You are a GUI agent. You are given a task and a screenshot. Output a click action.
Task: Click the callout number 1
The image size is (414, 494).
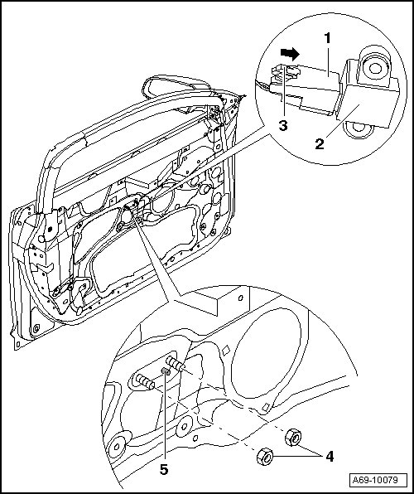[328, 38]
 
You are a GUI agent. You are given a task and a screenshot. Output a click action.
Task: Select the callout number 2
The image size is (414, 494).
[320, 144]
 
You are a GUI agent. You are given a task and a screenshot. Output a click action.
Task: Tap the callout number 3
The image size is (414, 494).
[283, 126]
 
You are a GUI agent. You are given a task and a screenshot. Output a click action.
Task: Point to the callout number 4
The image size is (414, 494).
[330, 456]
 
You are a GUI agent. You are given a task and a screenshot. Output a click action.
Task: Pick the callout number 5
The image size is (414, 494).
[164, 470]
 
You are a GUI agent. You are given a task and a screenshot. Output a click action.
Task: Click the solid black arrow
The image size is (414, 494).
[290, 54]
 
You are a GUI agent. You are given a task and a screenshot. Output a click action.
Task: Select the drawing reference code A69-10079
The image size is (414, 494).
[375, 480]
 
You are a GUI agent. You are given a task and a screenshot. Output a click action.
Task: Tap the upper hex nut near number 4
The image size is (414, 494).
[293, 437]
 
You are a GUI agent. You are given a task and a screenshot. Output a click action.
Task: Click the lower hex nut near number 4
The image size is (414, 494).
[265, 457]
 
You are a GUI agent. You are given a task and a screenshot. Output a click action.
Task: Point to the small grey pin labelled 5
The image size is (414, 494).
[166, 371]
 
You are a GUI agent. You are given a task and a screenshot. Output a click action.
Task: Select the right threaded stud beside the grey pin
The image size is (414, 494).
[175, 364]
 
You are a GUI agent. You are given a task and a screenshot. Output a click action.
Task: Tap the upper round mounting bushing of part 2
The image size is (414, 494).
[374, 67]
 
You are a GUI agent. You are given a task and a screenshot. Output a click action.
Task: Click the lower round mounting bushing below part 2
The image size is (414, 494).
[358, 129]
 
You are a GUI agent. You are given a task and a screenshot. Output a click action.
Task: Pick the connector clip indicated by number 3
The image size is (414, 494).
[286, 71]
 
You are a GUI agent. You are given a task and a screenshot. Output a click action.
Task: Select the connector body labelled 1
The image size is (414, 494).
[310, 88]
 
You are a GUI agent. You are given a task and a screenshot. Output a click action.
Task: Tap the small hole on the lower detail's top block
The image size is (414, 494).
[240, 298]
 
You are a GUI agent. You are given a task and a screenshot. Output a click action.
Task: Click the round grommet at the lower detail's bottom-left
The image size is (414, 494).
[117, 447]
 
